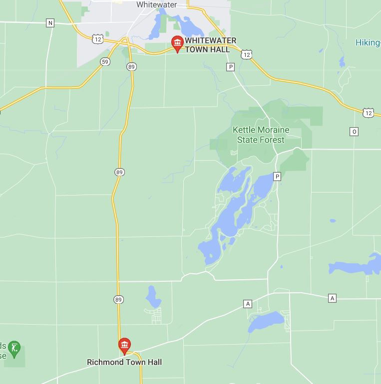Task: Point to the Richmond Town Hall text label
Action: click(x=124, y=362)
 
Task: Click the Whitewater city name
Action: click(x=156, y=4)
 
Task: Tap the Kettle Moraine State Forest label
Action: click(x=261, y=135)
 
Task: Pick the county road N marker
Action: click(x=50, y=23)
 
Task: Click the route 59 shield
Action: click(x=105, y=62)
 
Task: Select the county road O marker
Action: click(x=354, y=132)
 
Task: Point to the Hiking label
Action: click(x=368, y=43)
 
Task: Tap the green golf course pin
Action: click(x=14, y=348)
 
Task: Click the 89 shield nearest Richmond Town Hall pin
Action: click(x=118, y=300)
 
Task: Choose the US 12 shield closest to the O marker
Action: click(x=368, y=113)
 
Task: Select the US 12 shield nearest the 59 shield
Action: click(x=97, y=38)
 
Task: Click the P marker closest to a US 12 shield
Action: click(x=230, y=67)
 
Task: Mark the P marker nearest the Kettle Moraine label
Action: click(x=277, y=177)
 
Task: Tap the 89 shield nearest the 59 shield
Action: click(x=131, y=67)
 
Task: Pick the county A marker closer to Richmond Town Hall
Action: click(x=247, y=304)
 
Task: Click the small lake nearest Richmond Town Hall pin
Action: click(x=153, y=298)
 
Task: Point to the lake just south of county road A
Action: click(x=266, y=321)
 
